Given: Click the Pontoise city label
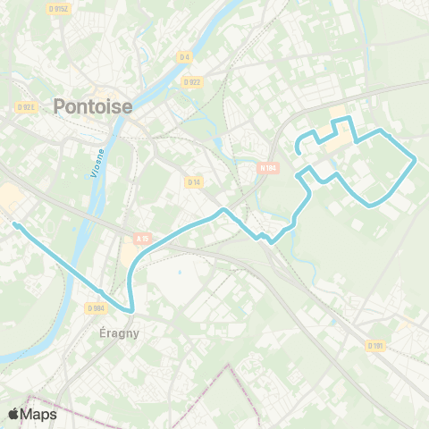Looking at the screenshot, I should pos(93,106).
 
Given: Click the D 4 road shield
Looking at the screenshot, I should pos(185,57).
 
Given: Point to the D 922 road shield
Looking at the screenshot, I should pos(191,81).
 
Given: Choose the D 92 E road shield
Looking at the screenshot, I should pos(25,107).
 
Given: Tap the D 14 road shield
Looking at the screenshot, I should pos(193,181).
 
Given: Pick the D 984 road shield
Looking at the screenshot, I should pos(97,307).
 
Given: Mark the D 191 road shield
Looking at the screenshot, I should pos(375,345).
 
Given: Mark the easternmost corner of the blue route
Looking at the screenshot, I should pos(416,160).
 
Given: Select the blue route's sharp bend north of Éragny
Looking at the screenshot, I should pos(130,311).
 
